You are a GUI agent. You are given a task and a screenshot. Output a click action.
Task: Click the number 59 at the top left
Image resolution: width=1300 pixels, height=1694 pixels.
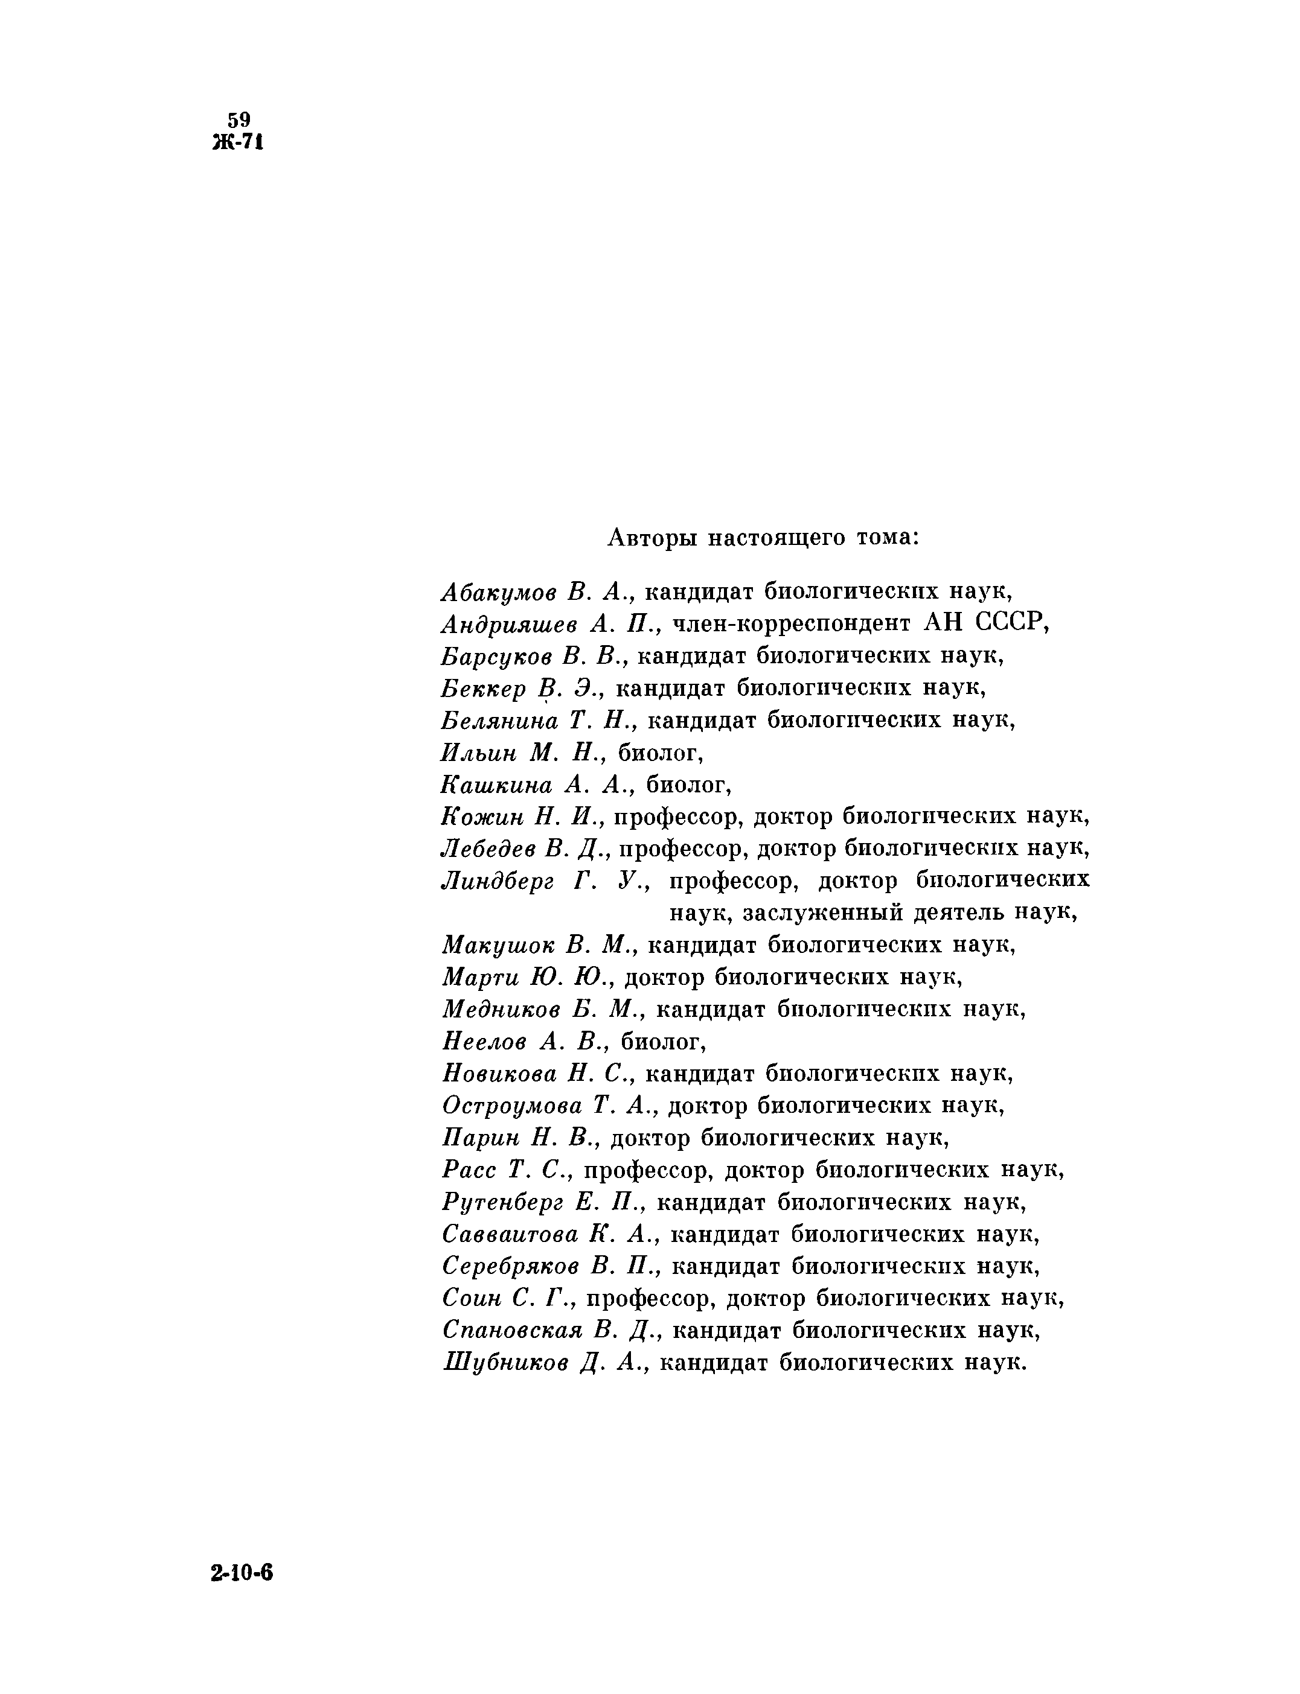click(239, 120)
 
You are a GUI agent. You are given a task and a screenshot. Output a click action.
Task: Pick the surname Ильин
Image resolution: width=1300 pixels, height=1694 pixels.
click(478, 752)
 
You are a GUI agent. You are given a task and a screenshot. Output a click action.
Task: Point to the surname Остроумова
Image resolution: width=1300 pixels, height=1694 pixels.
click(511, 1106)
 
